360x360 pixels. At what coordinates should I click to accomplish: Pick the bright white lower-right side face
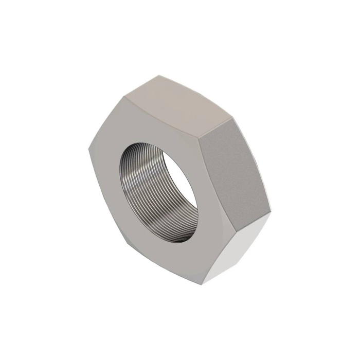point(242,247)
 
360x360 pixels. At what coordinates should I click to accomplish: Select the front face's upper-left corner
point(123,96)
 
